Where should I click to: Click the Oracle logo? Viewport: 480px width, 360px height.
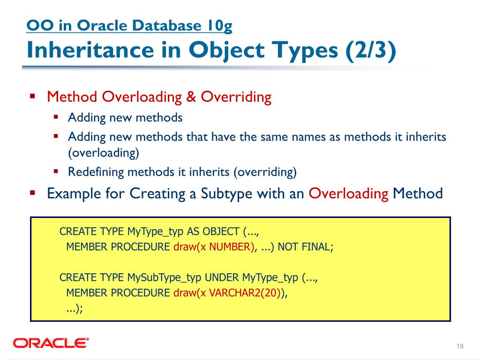tap(51, 343)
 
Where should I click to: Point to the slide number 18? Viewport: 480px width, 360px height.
tap(459, 346)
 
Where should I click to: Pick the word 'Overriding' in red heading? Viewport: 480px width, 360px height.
tap(236, 97)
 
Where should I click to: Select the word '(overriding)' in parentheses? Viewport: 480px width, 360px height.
tap(265, 172)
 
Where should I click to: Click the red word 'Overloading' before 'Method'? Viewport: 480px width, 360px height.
tap(349, 193)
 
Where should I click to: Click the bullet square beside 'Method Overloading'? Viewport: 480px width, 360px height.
tap(33, 97)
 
